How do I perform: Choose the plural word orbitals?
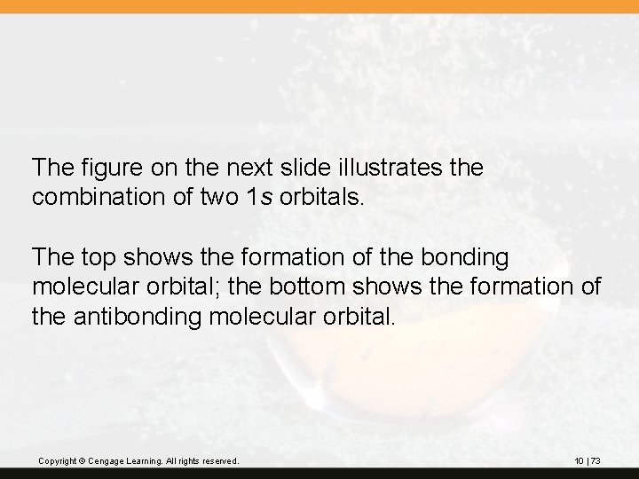pos(318,197)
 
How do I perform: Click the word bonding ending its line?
pos(469,258)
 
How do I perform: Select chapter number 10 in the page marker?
pos(580,461)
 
